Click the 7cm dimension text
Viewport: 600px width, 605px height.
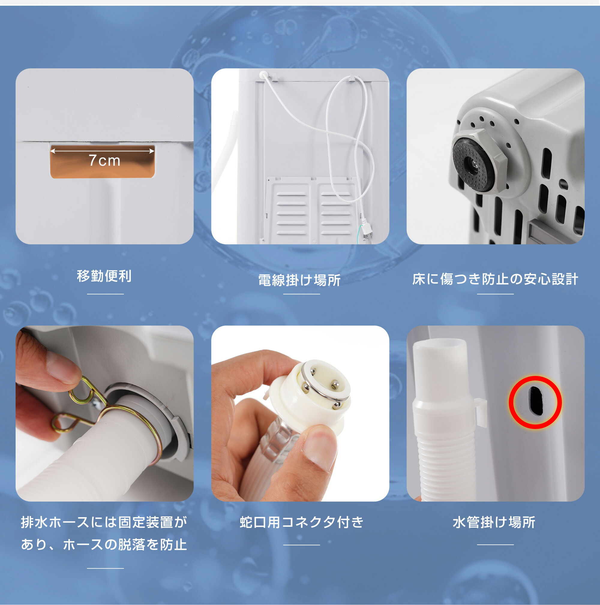coord(105,161)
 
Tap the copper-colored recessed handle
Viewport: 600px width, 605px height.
coord(103,162)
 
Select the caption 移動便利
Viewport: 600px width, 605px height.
coord(104,276)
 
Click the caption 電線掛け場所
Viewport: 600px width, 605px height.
coord(299,280)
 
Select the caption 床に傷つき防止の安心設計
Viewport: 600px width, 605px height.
coord(495,279)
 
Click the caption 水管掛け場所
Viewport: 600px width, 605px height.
coord(494,522)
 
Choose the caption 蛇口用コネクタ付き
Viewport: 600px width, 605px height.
coord(301,522)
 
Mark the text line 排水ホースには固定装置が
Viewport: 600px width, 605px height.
coord(104,522)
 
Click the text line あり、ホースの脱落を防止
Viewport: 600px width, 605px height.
coord(104,544)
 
